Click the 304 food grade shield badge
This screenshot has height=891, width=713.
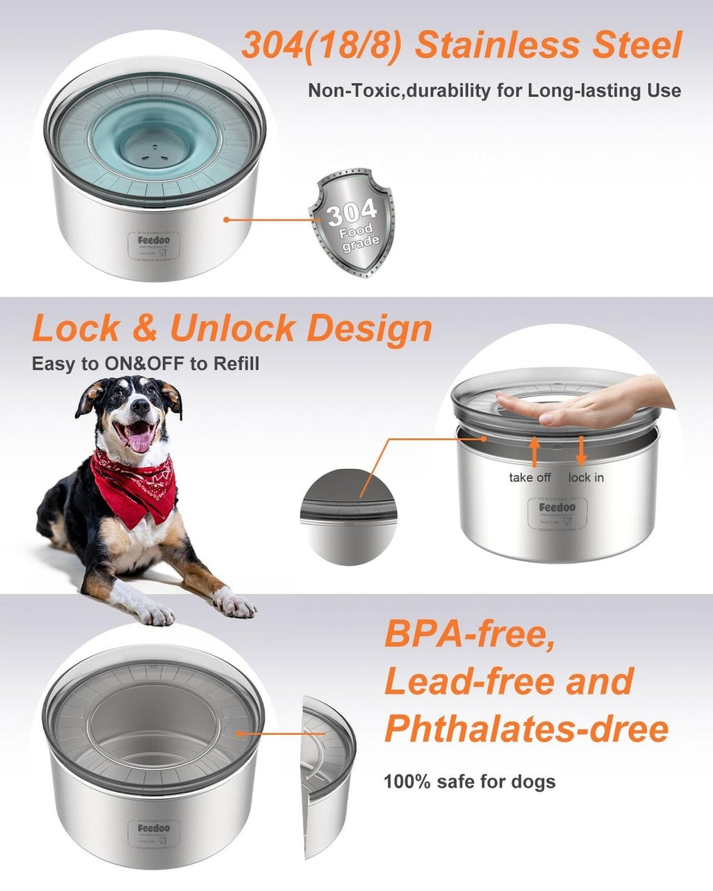pyautogui.click(x=352, y=221)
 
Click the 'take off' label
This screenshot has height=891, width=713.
pyautogui.click(x=530, y=478)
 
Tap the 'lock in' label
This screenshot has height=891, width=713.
pyautogui.click(x=586, y=478)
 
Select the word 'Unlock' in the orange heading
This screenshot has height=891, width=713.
pyautogui.click(x=233, y=328)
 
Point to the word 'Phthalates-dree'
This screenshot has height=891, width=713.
pyautogui.click(x=526, y=728)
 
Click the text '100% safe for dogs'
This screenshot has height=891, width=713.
pyautogui.click(x=469, y=781)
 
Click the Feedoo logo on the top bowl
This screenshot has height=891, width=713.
pyautogui.click(x=153, y=239)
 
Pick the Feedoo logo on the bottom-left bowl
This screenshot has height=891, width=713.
pyautogui.click(x=153, y=828)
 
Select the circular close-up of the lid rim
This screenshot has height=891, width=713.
pyautogui.click(x=348, y=516)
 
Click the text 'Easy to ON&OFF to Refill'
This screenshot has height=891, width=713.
pyautogui.click(x=146, y=363)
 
